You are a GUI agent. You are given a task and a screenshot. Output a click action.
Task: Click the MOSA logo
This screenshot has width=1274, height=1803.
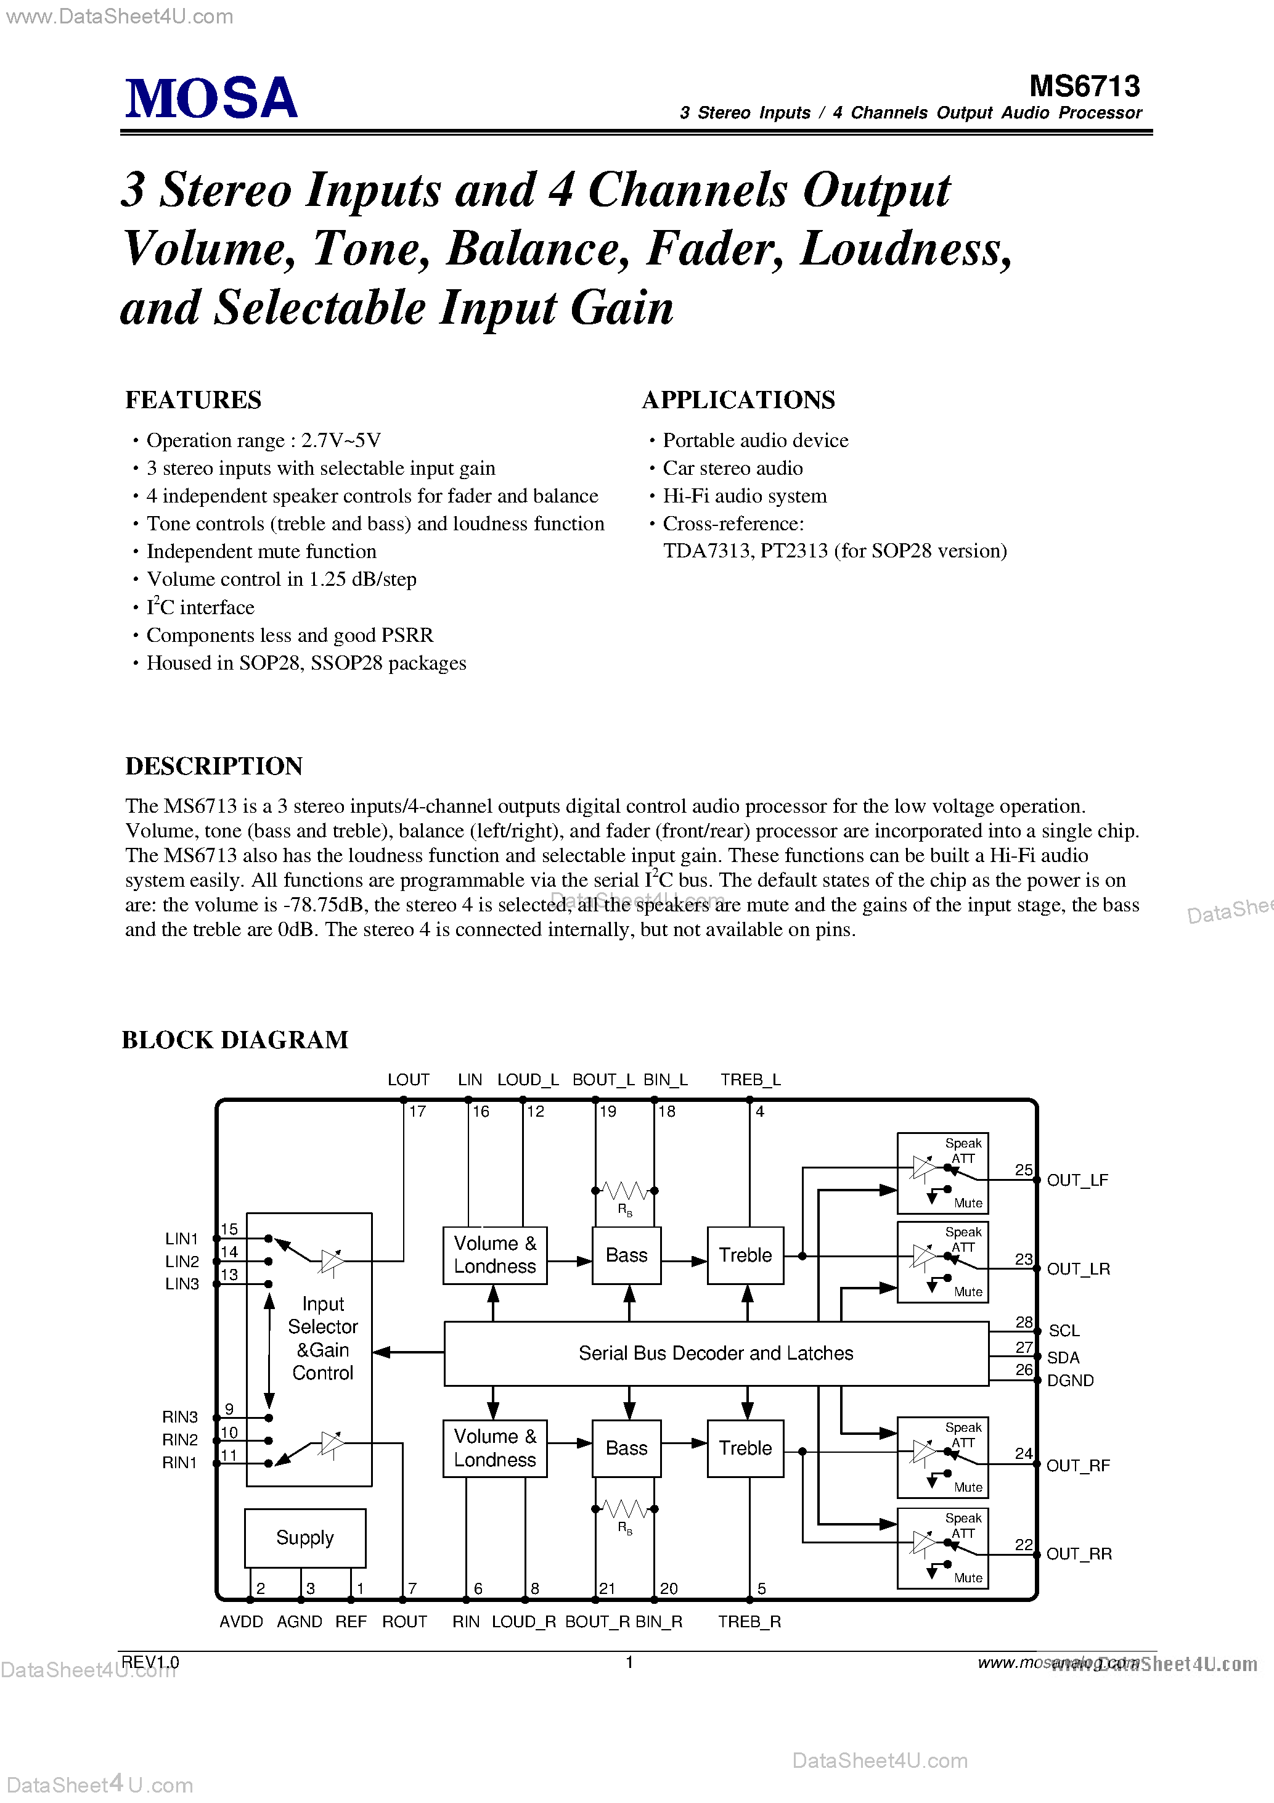(211, 98)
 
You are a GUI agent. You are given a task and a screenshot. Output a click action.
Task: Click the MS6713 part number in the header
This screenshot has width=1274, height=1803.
(1084, 86)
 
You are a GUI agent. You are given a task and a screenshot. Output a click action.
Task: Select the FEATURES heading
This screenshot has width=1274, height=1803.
(193, 400)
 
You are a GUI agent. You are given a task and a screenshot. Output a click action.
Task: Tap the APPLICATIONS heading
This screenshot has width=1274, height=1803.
(738, 400)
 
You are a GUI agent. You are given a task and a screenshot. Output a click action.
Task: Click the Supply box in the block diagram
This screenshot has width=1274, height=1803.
(304, 1537)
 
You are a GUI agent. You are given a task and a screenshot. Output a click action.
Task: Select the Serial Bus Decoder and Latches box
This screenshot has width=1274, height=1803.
(715, 1353)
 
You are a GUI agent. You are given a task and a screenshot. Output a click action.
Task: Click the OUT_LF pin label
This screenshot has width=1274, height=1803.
(1077, 1180)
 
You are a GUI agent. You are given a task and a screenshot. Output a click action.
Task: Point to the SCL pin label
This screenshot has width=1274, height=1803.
(1064, 1330)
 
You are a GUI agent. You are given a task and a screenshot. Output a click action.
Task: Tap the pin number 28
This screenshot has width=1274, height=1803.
(1024, 1321)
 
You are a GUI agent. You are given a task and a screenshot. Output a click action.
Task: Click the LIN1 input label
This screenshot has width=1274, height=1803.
(181, 1238)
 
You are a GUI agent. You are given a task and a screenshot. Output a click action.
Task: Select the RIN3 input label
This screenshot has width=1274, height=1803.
(180, 1416)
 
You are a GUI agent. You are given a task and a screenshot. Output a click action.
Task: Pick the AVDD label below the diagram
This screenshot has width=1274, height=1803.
(241, 1622)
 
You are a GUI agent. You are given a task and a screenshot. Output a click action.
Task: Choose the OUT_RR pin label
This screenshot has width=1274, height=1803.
(1079, 1553)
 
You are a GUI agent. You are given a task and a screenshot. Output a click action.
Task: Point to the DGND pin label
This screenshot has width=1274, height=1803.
(1070, 1380)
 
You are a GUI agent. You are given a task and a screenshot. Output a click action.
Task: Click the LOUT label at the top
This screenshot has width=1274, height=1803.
(408, 1080)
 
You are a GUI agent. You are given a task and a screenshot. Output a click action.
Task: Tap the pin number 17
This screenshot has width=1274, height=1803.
(417, 1111)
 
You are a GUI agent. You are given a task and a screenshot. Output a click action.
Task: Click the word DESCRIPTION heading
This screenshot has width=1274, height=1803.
(213, 766)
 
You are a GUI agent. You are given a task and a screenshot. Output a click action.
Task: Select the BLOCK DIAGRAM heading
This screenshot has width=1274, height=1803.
(235, 1040)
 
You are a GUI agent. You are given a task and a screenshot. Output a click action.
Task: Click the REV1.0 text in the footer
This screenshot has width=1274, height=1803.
(150, 1662)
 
